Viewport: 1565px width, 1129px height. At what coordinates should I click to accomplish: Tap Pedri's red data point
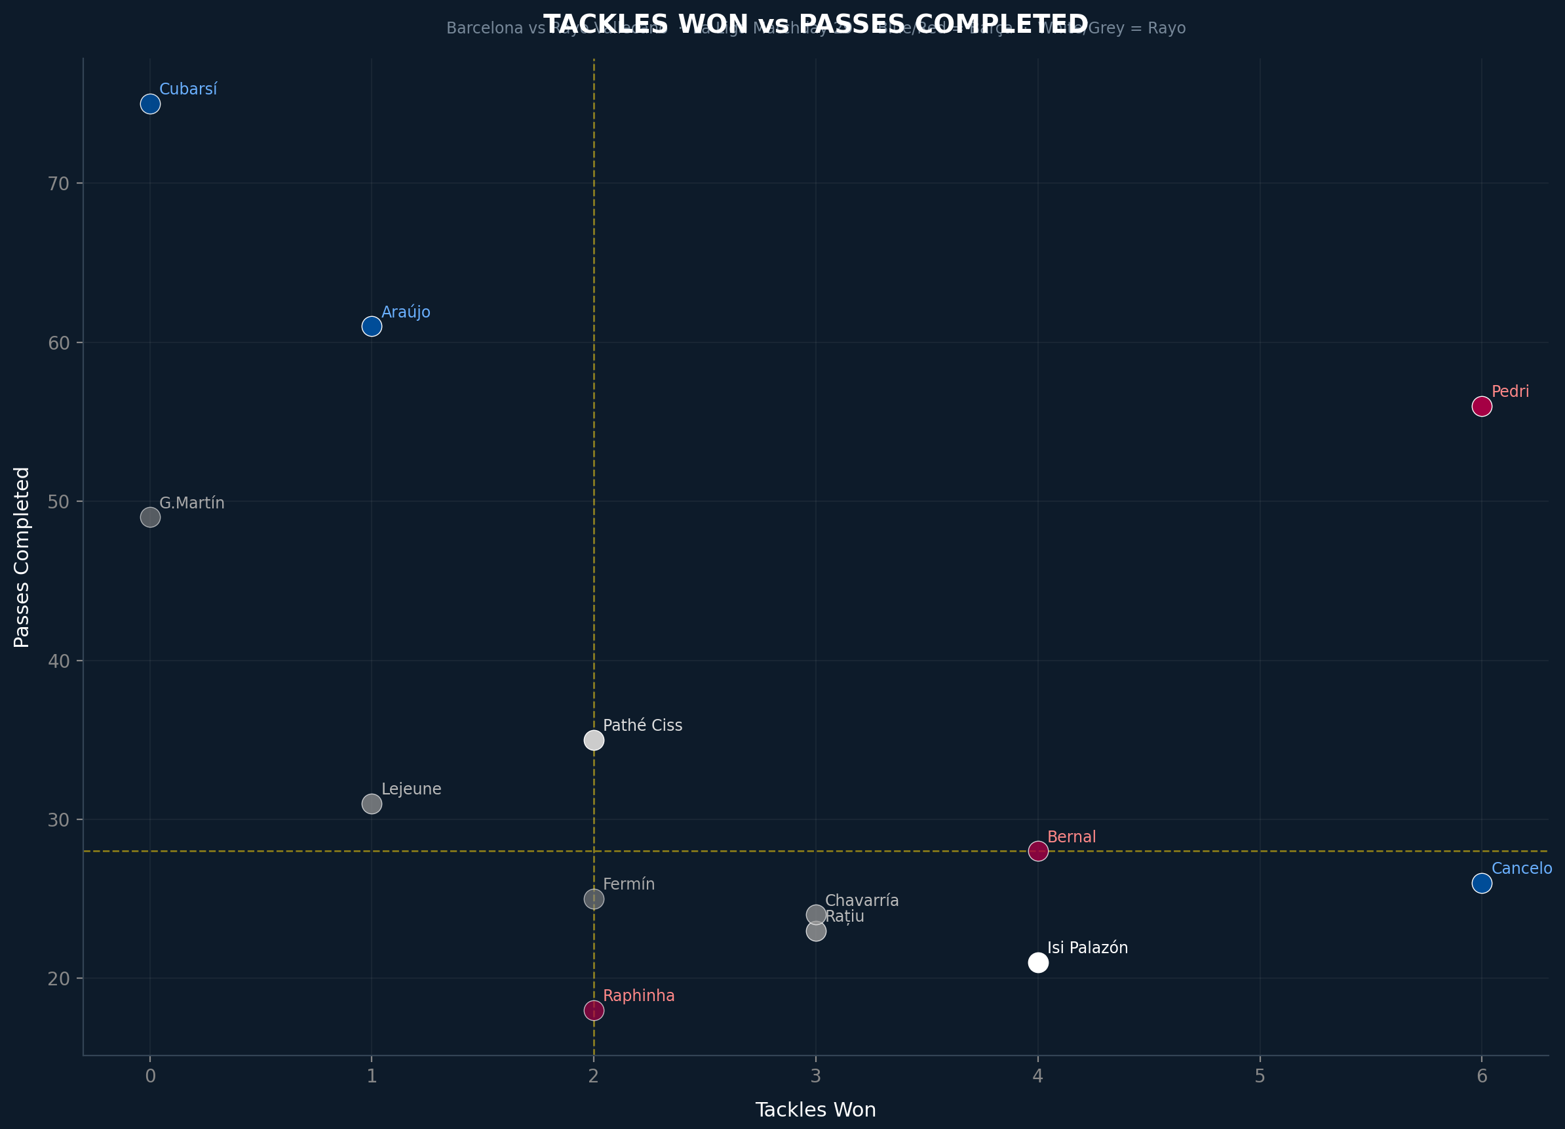[x=1482, y=406]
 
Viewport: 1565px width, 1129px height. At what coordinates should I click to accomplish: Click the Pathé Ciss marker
[x=594, y=740]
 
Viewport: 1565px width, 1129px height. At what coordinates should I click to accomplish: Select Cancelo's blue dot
[x=1482, y=883]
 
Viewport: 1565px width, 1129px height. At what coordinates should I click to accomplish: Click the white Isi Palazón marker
[x=1038, y=962]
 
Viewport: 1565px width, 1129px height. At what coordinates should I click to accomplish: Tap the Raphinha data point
[x=594, y=1010]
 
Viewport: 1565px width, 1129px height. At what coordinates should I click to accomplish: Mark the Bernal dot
[x=1038, y=852]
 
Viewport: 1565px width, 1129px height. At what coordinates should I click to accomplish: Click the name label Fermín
[x=628, y=884]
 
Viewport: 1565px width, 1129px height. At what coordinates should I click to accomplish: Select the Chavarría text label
[x=862, y=901]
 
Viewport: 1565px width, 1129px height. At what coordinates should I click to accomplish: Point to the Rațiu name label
[x=845, y=917]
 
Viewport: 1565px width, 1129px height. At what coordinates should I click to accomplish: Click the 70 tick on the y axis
[x=58, y=184]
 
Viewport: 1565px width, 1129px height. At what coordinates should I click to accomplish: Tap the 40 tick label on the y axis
[x=58, y=661]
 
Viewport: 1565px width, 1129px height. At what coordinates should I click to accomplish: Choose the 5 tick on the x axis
[x=1260, y=1077]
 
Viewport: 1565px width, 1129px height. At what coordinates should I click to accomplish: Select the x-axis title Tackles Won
[x=816, y=1110]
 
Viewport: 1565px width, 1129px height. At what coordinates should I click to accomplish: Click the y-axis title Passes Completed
[x=22, y=557]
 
